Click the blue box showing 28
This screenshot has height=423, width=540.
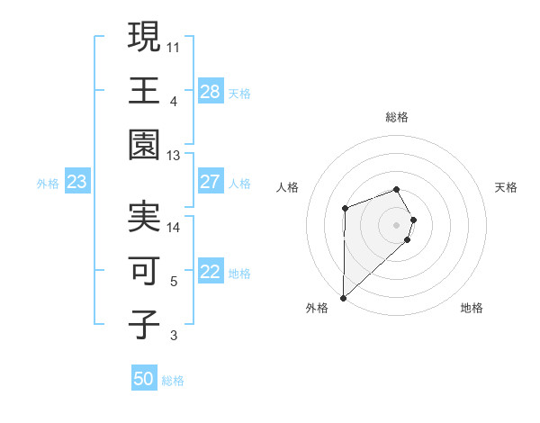point(211,92)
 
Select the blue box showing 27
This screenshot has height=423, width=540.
point(211,182)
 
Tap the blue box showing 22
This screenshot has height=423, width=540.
point(211,273)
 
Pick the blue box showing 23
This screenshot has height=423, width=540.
point(77,183)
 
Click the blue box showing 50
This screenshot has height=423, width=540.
point(144,380)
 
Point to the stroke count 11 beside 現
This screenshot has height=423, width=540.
point(174,44)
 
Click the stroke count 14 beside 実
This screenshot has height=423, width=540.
point(174,227)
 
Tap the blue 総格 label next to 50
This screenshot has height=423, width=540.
point(173,381)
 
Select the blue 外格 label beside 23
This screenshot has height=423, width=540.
point(48,184)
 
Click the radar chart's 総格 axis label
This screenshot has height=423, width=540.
point(397,117)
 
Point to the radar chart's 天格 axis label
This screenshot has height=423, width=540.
point(506,187)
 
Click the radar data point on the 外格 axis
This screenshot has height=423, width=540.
point(343,297)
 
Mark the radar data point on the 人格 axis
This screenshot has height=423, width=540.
point(345,209)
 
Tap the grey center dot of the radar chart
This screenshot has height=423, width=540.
point(396,224)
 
